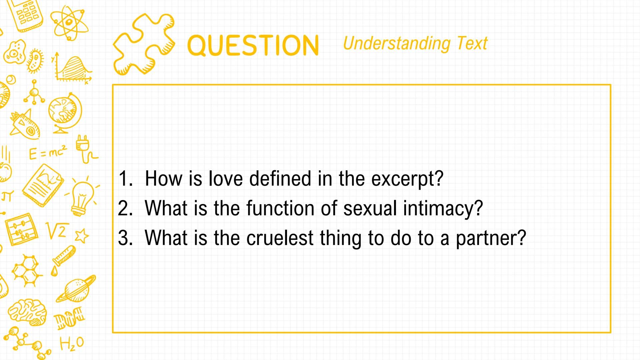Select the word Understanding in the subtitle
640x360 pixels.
pos(397,44)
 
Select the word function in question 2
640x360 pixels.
pos(281,208)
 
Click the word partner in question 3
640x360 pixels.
pos(490,239)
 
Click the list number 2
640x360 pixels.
pos(125,208)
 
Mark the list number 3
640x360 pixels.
pos(125,238)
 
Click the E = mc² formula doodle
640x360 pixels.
pos(48,153)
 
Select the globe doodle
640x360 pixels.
pos(65,112)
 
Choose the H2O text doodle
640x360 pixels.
pos(72,344)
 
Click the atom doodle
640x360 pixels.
pos(70,22)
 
